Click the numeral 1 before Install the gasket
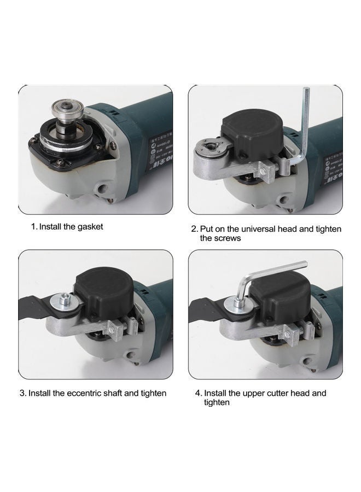click(x=33, y=226)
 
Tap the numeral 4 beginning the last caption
click(x=198, y=393)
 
